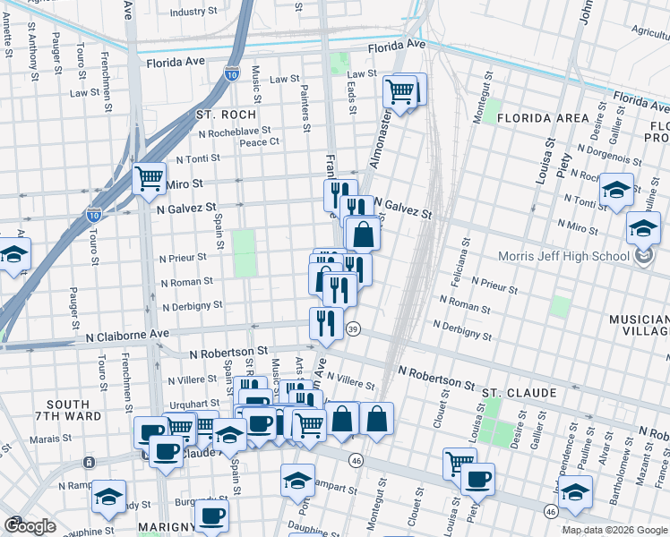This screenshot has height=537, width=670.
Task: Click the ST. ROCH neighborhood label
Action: tap(226, 115)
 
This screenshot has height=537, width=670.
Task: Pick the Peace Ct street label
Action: tap(260, 141)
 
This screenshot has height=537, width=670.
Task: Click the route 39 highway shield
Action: tap(354, 328)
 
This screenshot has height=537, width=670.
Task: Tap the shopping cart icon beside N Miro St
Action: tap(149, 177)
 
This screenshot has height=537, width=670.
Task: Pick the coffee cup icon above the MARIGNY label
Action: tap(212, 515)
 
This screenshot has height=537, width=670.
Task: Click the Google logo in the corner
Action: tap(30, 526)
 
